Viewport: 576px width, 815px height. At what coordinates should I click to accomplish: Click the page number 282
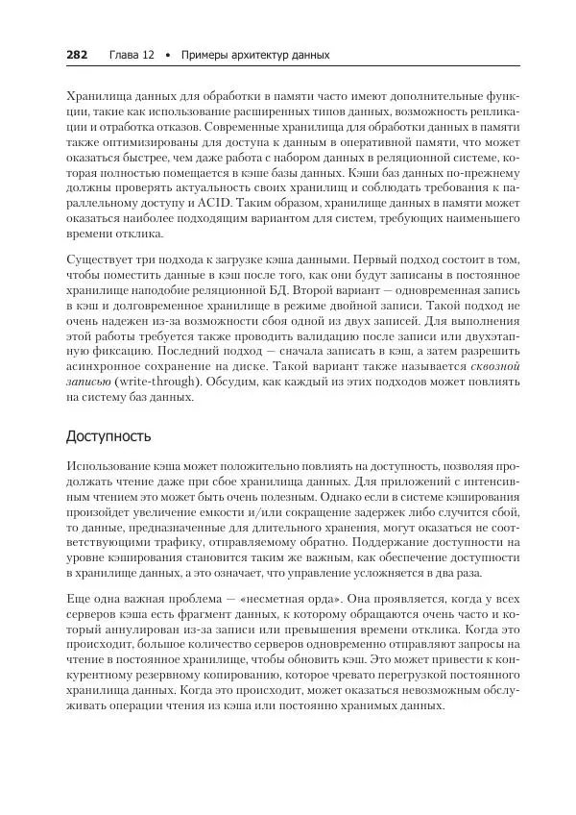tap(77, 55)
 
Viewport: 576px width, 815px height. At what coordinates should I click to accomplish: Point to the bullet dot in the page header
tap(168, 55)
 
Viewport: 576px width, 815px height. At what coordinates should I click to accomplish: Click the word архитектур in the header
tap(254, 55)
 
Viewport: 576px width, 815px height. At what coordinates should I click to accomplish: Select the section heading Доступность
tap(108, 436)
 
